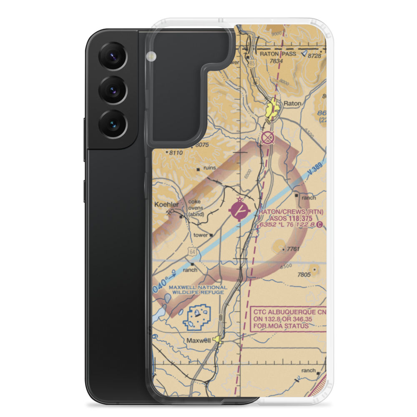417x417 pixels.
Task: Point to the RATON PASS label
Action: coord(277,54)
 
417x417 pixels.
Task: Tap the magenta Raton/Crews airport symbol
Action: coord(240,211)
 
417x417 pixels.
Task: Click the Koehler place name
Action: coord(166,205)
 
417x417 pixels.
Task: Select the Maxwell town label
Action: coord(198,340)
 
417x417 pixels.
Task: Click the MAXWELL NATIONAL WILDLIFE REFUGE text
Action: coord(198,290)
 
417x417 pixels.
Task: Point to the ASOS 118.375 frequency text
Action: coord(291,218)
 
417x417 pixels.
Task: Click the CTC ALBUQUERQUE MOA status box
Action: coord(288,319)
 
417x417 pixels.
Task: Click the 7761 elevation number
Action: coord(293,249)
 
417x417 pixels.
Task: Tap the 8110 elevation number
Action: coord(176,153)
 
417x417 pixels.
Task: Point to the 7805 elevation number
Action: coord(304,274)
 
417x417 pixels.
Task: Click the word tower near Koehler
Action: coord(201,235)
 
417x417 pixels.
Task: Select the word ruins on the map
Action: coord(209,168)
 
